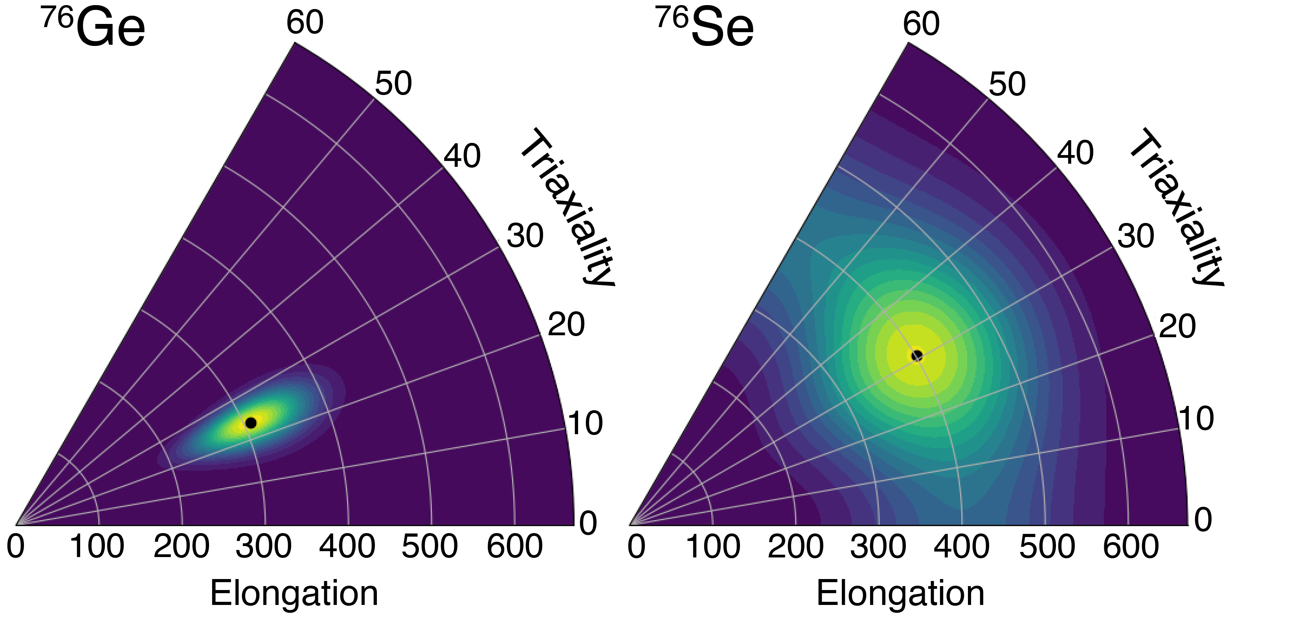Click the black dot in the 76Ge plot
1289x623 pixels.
[251, 422]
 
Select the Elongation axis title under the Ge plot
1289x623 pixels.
[294, 594]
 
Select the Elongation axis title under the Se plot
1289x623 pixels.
[900, 594]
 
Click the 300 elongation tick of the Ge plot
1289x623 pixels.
[264, 546]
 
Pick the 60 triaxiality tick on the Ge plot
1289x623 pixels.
[305, 22]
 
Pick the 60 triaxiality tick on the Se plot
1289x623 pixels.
[921, 24]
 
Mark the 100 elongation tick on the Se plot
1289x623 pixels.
[712, 546]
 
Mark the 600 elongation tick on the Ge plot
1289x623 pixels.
[514, 546]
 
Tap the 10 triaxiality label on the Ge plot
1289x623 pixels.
[585, 423]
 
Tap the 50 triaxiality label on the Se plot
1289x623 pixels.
[1007, 84]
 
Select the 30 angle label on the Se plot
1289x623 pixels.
[1135, 236]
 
